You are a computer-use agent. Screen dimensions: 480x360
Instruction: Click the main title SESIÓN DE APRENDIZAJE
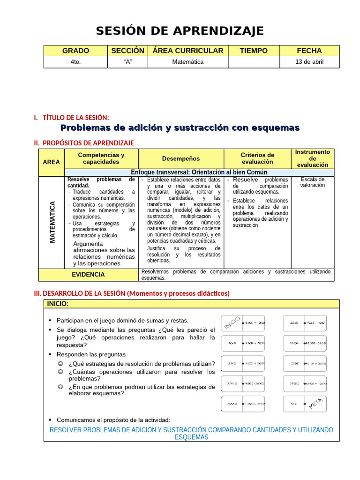pos(180,31)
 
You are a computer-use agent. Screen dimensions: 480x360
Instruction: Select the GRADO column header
pos(75,51)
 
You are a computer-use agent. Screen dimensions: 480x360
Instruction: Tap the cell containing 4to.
pos(75,61)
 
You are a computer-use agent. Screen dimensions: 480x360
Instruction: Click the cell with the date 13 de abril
pos(309,61)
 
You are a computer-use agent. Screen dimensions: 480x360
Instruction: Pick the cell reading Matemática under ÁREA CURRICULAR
pos(187,61)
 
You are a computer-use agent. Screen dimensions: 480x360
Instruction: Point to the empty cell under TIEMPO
pos(253,61)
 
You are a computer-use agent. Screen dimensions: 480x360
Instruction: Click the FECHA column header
pos(309,51)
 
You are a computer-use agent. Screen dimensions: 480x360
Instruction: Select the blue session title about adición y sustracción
pos(180,128)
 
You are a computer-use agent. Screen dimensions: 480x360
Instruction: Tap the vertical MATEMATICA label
pos(52,222)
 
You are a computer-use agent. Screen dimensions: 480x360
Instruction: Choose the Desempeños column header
pos(181,158)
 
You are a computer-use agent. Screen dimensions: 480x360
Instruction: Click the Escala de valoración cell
pos(312,182)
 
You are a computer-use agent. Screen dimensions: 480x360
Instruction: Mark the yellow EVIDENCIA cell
pos(88,275)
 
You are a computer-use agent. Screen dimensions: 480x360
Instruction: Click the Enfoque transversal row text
pos(199,172)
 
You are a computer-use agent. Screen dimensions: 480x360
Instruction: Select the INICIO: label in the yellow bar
pos(58,304)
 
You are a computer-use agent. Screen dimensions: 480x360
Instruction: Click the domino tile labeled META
pos(305,404)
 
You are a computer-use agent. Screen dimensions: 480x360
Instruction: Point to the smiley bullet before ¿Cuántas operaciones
pos(60,372)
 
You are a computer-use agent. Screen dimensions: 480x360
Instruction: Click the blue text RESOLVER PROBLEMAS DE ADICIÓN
pos(191,433)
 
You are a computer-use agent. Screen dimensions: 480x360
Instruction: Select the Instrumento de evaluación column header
pos(312,158)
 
